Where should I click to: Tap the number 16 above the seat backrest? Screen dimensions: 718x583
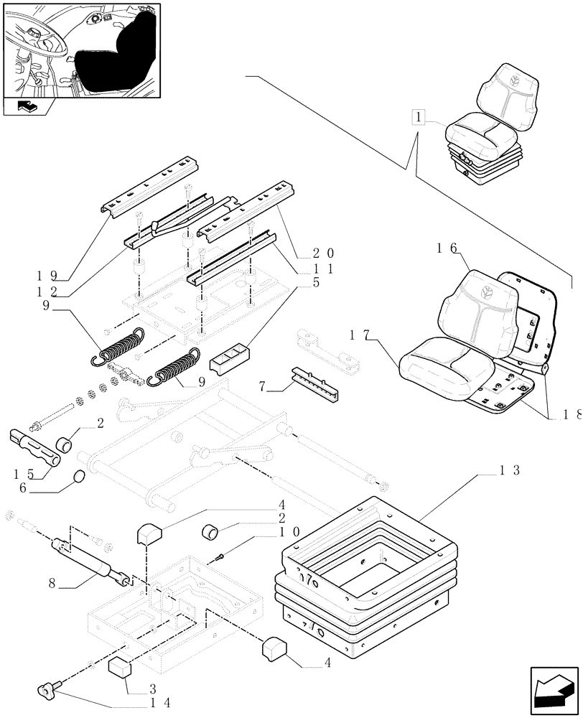(x=447, y=249)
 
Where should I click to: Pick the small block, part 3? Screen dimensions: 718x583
(x=121, y=666)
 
